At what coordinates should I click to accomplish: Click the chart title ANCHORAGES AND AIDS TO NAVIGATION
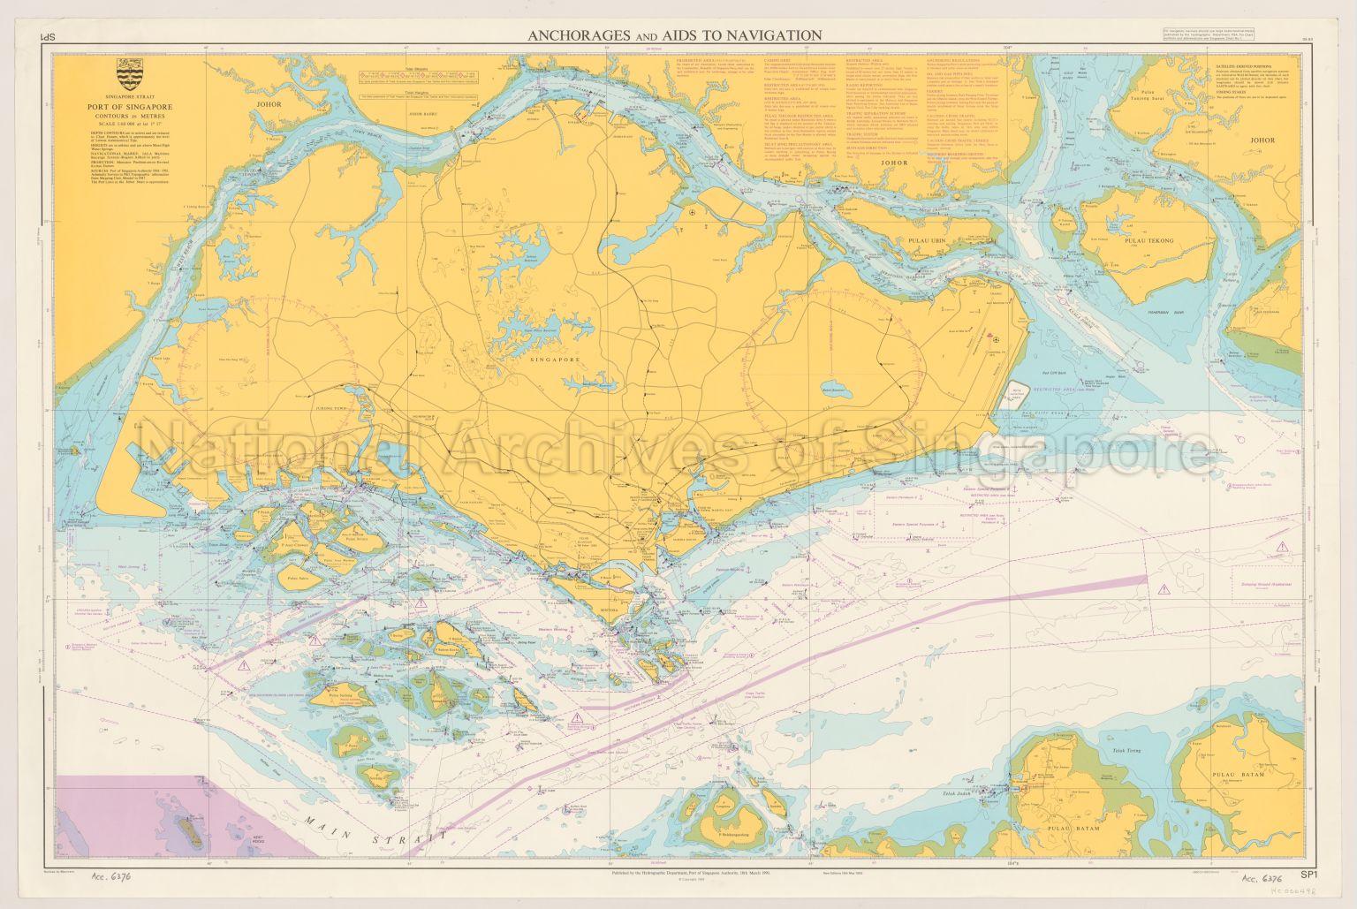(675, 35)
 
